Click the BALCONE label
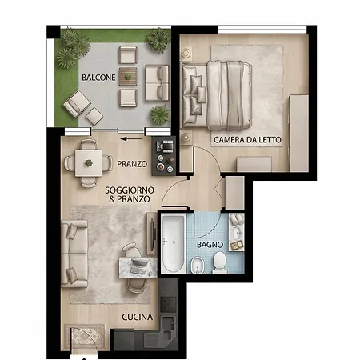pos(98,78)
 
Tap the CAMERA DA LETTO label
pos(247,140)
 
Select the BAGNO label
pos(210,245)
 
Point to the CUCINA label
pos(137,317)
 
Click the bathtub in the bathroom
pos(174,244)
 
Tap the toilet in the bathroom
pos(220,263)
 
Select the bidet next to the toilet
pos(198,266)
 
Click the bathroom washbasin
pos(238,233)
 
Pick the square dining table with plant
pos(88,163)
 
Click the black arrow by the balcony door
pos(131,138)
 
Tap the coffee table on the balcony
pos(128,77)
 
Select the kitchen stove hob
pos(168,304)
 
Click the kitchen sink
pos(169,327)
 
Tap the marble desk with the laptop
pos(138,267)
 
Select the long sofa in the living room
pos(74,254)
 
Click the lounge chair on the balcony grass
pos(77,104)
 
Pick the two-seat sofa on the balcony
pos(157,83)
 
